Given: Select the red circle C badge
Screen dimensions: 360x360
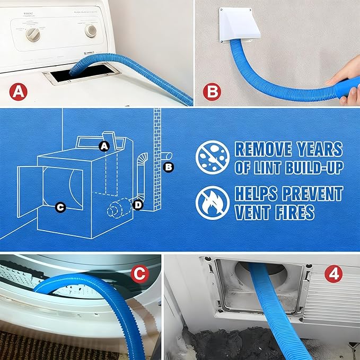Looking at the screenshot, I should pos(139,274).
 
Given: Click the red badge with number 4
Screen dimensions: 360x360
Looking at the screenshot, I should pos(335,274).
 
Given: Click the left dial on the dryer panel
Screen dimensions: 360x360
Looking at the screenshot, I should pos(33,33).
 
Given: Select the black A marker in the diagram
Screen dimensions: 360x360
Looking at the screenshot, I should pos(104,146).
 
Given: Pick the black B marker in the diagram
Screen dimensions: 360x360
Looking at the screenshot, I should pos(169,168).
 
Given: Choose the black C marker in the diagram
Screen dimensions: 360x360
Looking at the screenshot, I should pos(60,207).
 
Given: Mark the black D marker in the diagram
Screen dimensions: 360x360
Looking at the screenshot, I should pos(138,205).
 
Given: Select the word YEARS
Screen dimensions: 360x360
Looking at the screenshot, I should pos(321,149).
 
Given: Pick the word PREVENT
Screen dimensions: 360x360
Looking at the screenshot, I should pos(313,194).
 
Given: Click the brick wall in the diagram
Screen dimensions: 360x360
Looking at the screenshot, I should pos(156,159).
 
